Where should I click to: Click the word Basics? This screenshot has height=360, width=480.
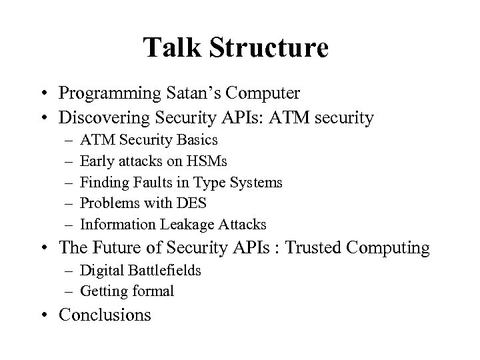(197, 141)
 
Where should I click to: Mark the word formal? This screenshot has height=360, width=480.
(151, 291)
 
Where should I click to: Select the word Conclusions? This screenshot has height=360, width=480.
(105, 315)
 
